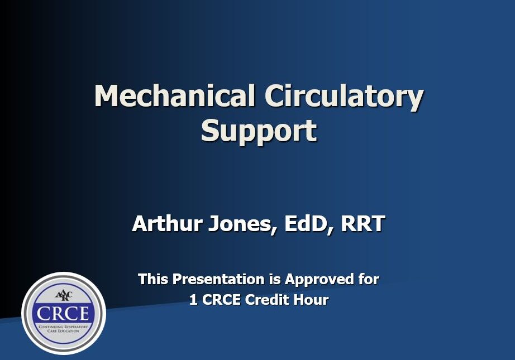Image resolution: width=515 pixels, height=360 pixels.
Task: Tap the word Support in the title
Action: tap(259, 131)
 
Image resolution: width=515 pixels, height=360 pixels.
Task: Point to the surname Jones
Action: tap(242, 224)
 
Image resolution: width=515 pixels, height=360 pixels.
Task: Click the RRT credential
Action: tap(363, 224)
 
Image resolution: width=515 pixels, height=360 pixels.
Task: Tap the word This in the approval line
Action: tap(153, 279)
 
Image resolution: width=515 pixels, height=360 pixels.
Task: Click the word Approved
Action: tap(322, 279)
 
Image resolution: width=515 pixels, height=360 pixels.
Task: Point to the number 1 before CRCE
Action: tap(193, 300)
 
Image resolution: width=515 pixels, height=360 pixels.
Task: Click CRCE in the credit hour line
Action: tap(222, 300)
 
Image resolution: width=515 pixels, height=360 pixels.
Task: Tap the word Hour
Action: tap(312, 300)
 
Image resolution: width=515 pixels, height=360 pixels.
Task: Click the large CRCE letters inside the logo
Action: tap(63, 313)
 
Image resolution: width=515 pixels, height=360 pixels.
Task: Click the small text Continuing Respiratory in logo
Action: tap(63, 326)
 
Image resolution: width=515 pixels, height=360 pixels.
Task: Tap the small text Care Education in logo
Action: tap(63, 331)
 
